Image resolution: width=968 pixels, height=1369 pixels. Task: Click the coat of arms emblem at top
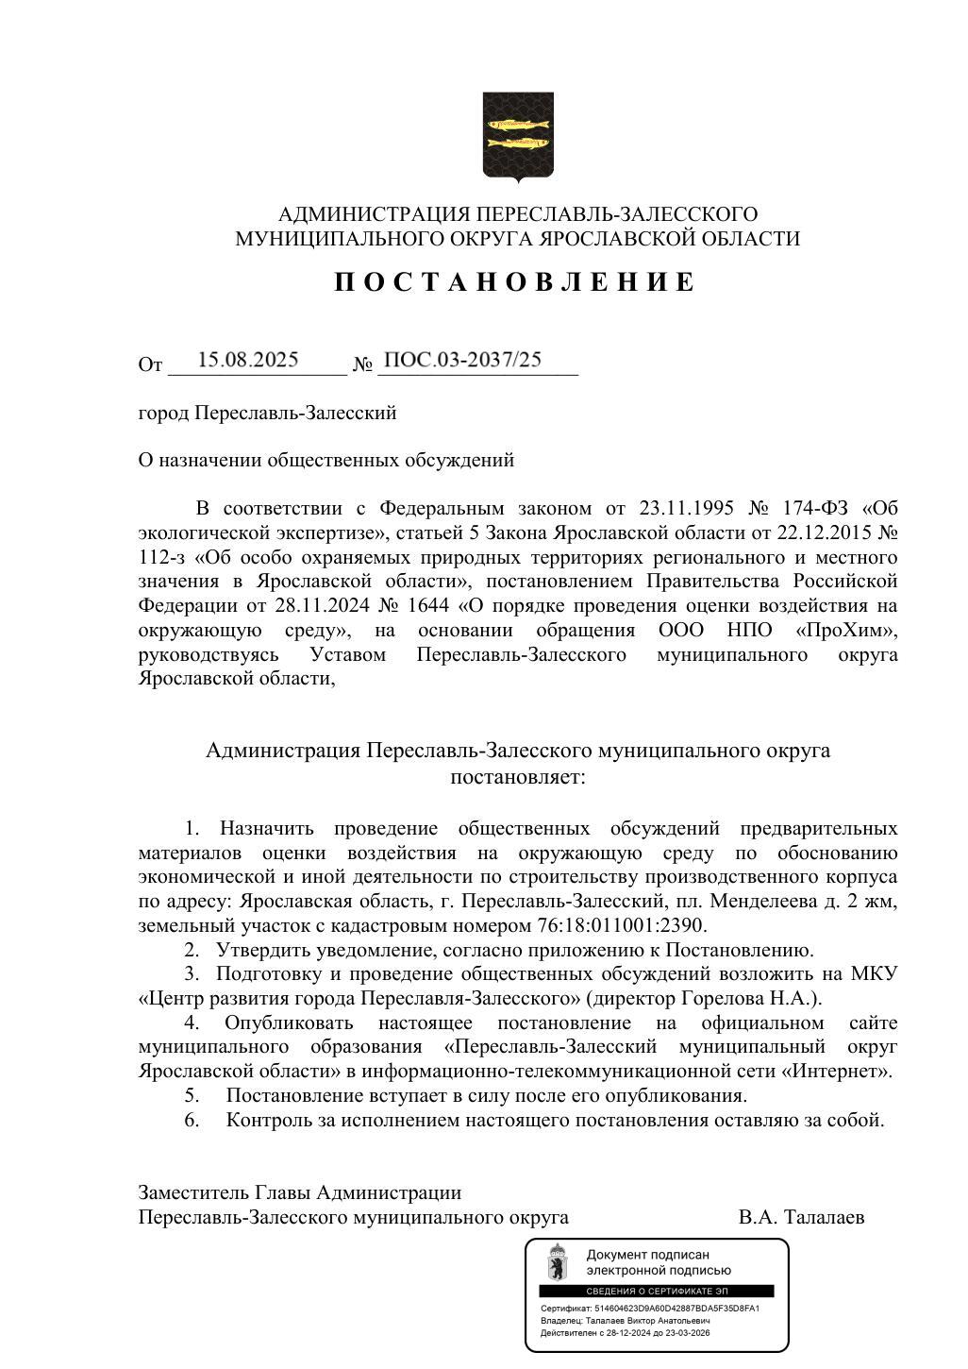(x=517, y=136)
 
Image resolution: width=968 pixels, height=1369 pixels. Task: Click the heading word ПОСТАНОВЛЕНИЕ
(x=515, y=282)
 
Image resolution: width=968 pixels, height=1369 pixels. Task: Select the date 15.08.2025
(x=248, y=360)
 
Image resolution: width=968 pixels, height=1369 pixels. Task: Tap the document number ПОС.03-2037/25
(x=463, y=360)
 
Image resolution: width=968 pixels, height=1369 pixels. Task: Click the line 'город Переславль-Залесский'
(x=267, y=413)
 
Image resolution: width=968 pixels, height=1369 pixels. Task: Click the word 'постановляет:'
(x=517, y=777)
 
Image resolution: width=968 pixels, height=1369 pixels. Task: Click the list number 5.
(x=191, y=1096)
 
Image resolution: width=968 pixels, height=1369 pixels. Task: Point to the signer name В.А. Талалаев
(x=801, y=1218)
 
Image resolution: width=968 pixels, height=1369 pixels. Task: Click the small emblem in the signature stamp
(x=558, y=1262)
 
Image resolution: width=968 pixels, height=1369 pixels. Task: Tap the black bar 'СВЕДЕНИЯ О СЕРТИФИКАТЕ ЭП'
(x=656, y=1291)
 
